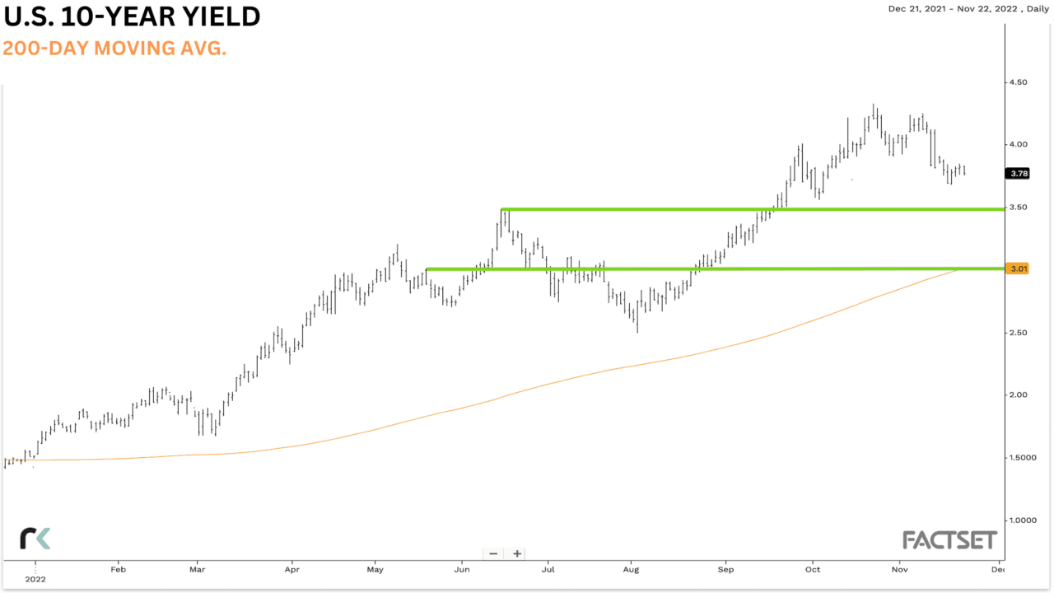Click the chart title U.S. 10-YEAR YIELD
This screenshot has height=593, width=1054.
(132, 16)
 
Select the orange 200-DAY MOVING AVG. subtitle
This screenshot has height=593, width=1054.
(114, 49)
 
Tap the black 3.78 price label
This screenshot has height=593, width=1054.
(1017, 173)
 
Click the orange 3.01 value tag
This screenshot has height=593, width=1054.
(1017, 268)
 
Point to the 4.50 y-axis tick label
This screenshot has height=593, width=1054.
(1018, 82)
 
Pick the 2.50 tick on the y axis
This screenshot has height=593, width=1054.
(1018, 333)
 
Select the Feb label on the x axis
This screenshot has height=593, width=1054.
(118, 568)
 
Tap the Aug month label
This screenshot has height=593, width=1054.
(632, 568)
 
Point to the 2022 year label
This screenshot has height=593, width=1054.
(35, 579)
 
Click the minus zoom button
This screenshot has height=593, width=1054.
(493, 553)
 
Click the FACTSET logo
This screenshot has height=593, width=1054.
(949, 540)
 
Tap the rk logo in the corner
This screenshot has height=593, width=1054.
(35, 539)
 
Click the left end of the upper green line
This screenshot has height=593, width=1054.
(502, 209)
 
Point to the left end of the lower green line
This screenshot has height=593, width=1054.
(427, 268)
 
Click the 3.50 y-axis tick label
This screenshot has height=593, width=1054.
(1018, 208)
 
